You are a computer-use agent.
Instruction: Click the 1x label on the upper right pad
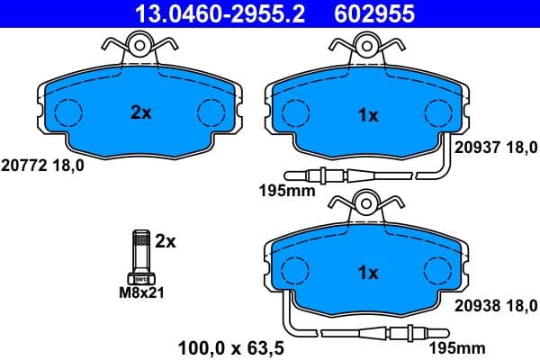click(x=367, y=115)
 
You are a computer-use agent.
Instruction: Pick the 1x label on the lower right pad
click(x=369, y=272)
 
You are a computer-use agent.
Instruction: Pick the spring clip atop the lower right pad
click(x=367, y=205)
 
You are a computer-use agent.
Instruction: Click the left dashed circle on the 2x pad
click(x=67, y=112)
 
